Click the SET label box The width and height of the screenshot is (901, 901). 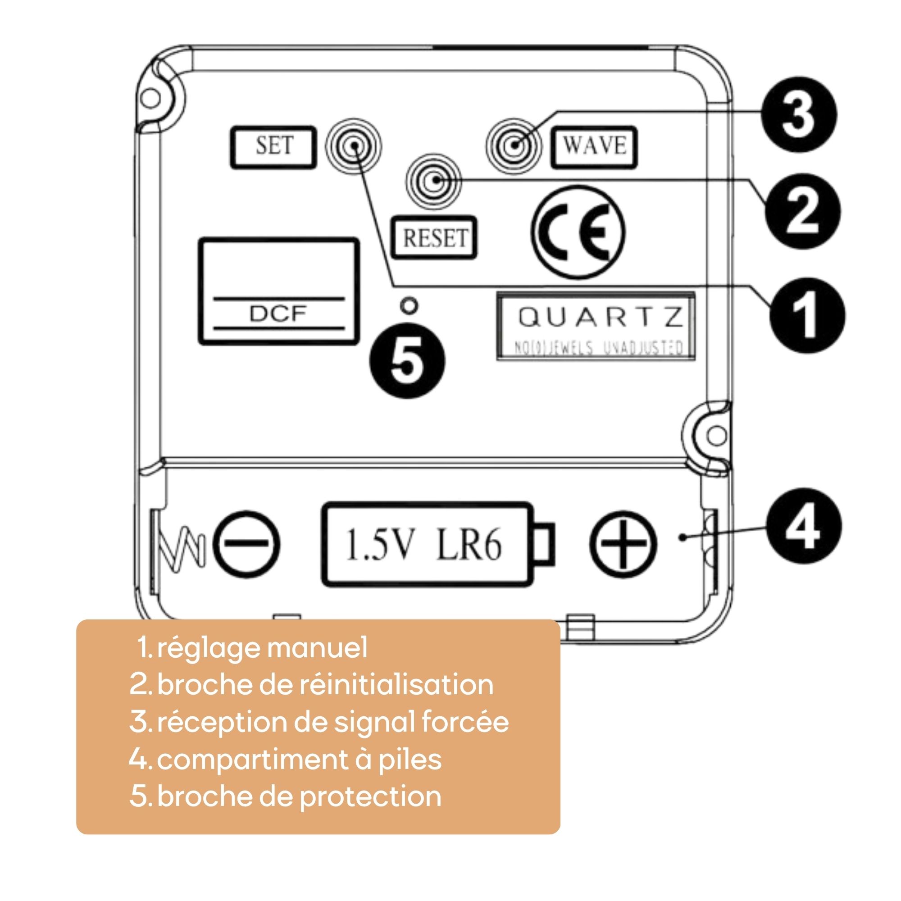pos(273,147)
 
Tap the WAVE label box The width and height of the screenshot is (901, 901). pos(594,147)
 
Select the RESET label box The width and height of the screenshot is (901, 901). pos(434,237)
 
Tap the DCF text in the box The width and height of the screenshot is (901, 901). pos(278,314)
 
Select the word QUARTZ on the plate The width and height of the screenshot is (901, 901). pos(601,317)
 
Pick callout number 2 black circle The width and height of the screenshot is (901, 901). pos(803,211)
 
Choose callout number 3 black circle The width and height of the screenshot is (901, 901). pos(799,114)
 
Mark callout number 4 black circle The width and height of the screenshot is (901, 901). pos(804,526)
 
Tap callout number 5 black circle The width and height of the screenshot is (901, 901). pos(407,361)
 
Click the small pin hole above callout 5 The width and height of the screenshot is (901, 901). pos(409,306)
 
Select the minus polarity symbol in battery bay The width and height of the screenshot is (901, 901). pos(247,544)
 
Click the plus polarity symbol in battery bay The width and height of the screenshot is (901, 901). pos(623,544)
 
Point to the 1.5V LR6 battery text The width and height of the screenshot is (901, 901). pos(423,544)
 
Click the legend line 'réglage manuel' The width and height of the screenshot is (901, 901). pos(261,648)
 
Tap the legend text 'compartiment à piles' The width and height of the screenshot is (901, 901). pos(299,759)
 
